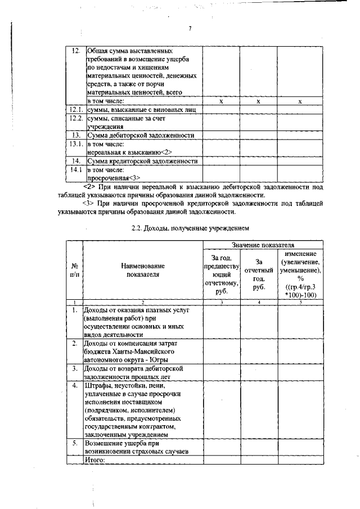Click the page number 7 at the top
pos(190,30)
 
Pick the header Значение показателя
pos(265,245)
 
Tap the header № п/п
pos(75,270)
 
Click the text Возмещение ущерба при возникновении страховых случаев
pos(136,447)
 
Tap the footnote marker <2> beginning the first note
pos(88,186)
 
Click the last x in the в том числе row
pos(300,101)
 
